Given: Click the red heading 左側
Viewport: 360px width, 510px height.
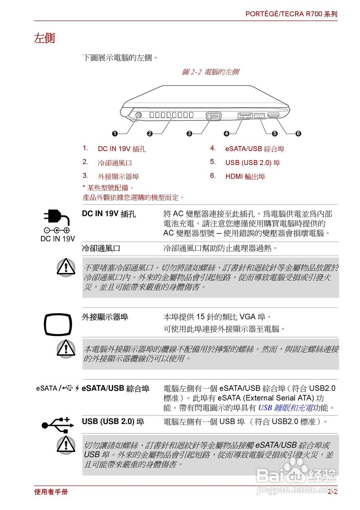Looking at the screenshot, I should coord(44,39).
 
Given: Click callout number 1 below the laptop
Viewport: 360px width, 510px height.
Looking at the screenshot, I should coord(115,133).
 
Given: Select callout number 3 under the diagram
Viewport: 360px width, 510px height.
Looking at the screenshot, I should coord(189,133).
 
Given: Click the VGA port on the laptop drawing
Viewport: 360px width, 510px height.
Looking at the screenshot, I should coord(214,116).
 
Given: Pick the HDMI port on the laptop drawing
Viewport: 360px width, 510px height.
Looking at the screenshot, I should coord(273,116).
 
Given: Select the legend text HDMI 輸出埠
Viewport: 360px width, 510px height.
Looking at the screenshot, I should coord(245,177).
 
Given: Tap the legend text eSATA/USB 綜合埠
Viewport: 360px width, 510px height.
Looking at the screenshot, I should coord(255,149).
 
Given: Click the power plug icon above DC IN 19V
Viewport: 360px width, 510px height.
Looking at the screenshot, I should coord(55,219).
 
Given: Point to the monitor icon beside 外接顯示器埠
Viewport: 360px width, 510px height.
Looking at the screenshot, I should coord(58,325).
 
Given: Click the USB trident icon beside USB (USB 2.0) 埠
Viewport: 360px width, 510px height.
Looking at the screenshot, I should coord(58,424).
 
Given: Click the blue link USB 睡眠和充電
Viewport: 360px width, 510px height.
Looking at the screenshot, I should coord(285,408).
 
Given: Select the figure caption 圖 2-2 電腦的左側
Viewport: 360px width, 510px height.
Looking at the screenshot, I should coord(210,72).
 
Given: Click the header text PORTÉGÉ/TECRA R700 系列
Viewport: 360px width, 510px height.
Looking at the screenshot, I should coord(291,14).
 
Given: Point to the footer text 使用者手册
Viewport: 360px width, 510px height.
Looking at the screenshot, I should coord(51,492).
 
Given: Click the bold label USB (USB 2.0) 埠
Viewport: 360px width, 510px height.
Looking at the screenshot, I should coord(113,422).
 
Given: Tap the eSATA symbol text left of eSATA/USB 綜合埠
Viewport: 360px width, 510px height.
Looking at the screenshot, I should coord(47,388).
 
